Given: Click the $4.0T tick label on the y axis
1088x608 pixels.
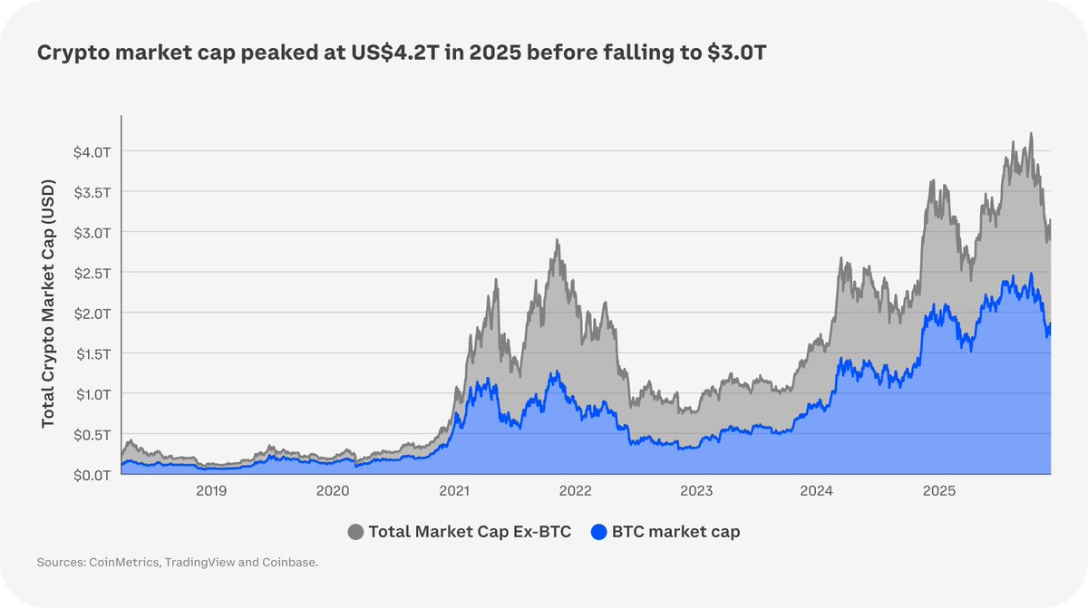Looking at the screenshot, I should point(92,151).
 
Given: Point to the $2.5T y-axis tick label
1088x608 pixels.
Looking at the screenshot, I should point(92,273).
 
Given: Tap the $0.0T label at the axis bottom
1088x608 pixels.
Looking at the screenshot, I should point(92,475).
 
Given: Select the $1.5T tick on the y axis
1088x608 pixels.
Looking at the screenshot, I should point(92,353).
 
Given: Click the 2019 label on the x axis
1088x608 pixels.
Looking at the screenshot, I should point(210,491).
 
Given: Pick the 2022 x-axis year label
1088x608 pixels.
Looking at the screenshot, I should point(575,491).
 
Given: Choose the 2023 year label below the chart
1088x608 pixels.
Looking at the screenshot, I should point(696,491).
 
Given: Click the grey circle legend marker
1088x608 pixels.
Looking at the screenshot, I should point(355,532).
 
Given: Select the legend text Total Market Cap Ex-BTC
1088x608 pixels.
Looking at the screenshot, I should point(470,532).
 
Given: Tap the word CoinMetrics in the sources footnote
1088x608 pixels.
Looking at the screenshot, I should point(126,564).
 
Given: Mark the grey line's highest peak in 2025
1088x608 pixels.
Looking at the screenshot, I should point(1031,133).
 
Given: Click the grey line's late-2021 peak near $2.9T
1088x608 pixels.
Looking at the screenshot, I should point(558,240).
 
